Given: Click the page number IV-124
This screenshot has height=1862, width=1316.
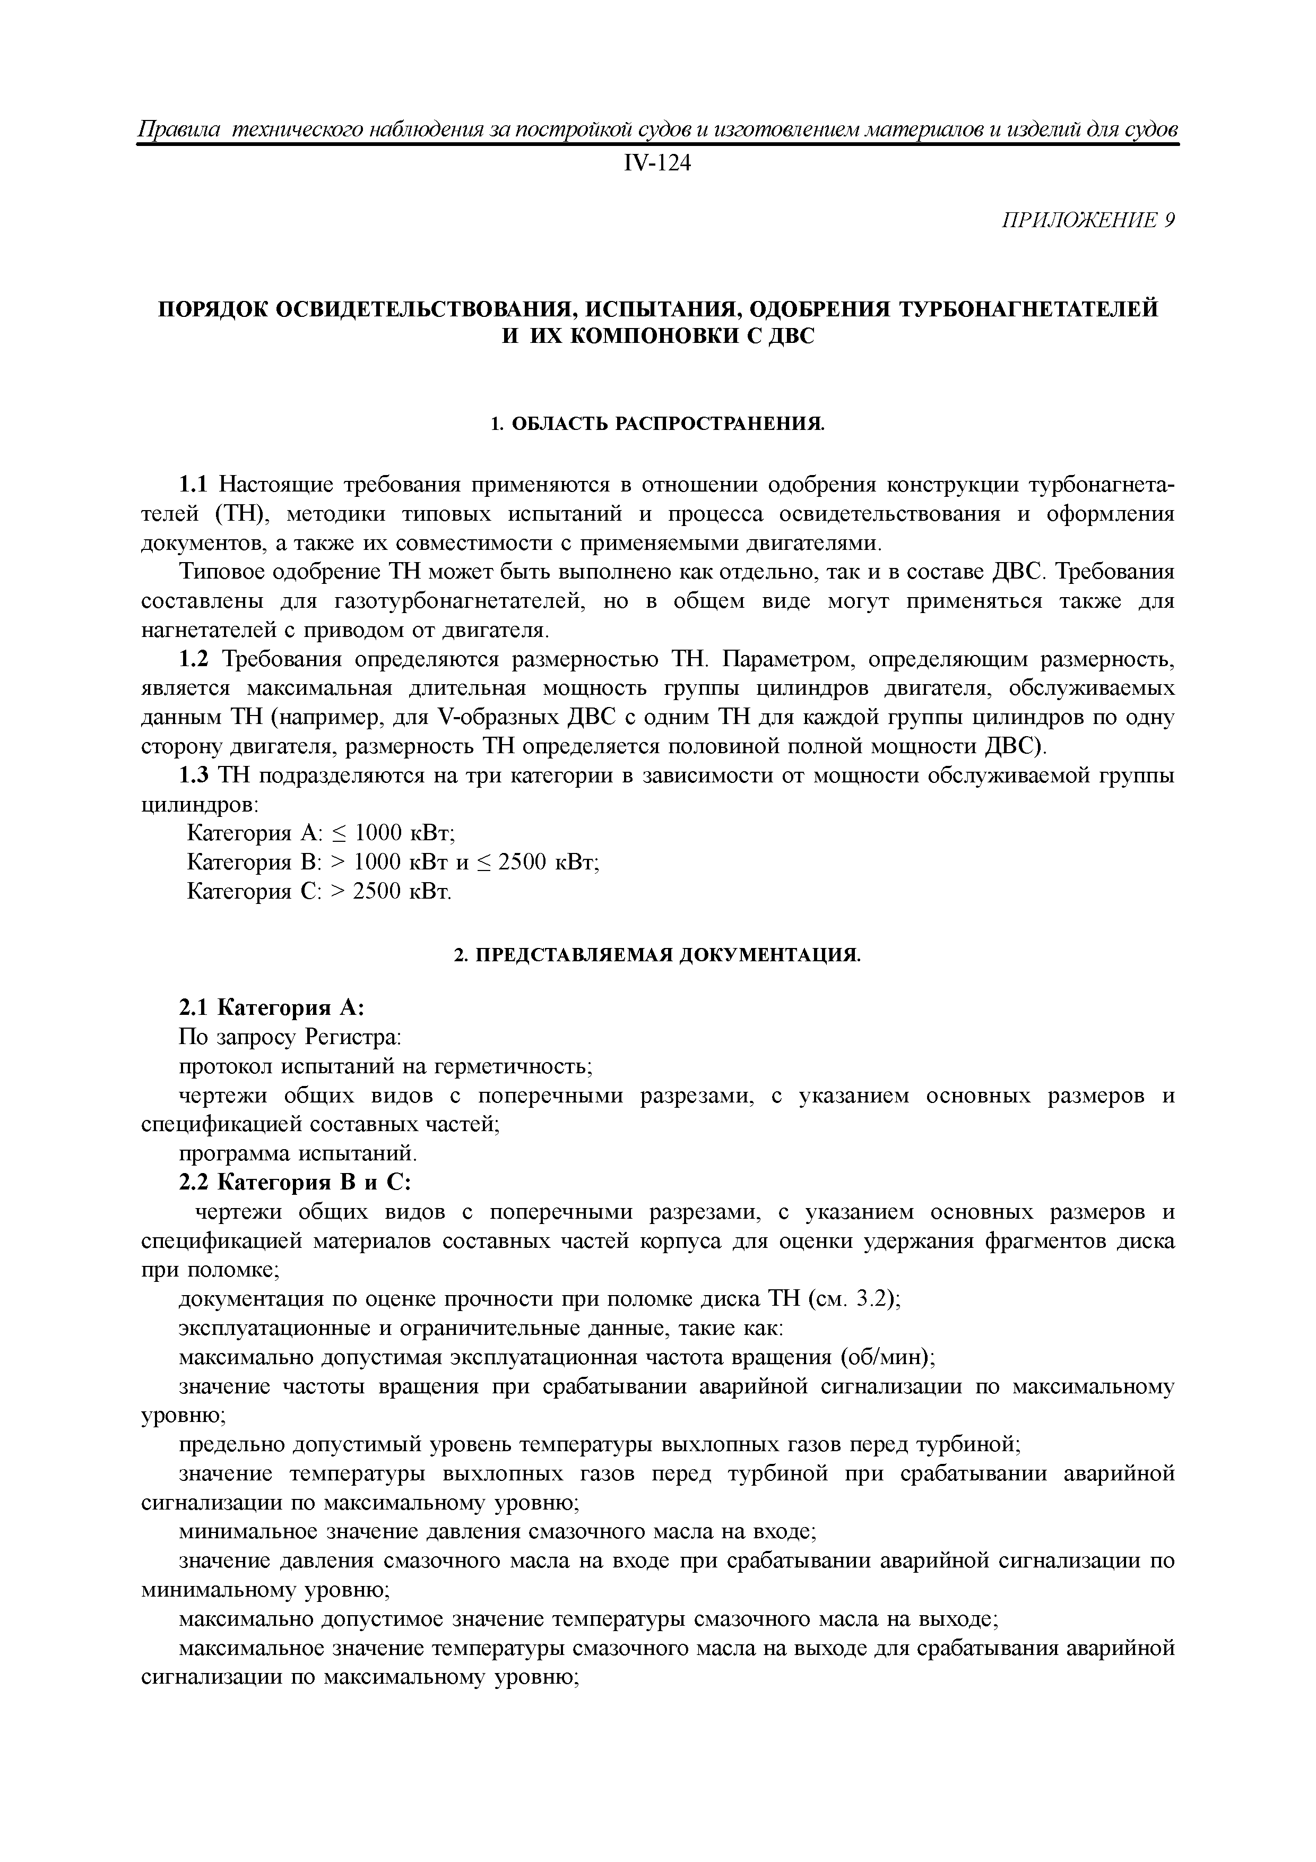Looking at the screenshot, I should (x=657, y=164).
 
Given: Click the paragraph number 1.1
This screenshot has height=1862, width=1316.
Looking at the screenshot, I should (x=193, y=485).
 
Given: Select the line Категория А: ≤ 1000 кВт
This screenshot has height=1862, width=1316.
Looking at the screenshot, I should (x=321, y=834).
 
